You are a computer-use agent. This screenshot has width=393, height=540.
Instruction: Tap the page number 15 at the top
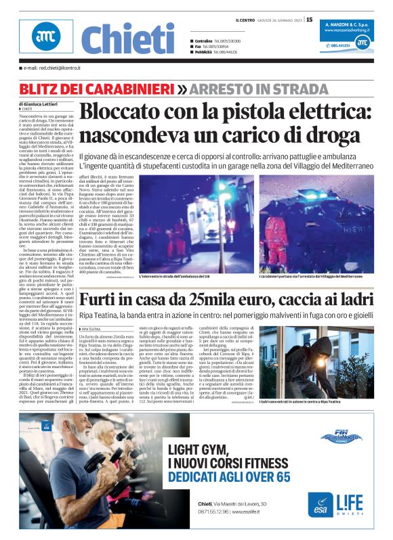310,20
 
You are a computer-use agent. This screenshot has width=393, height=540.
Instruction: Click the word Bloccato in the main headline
138,112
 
